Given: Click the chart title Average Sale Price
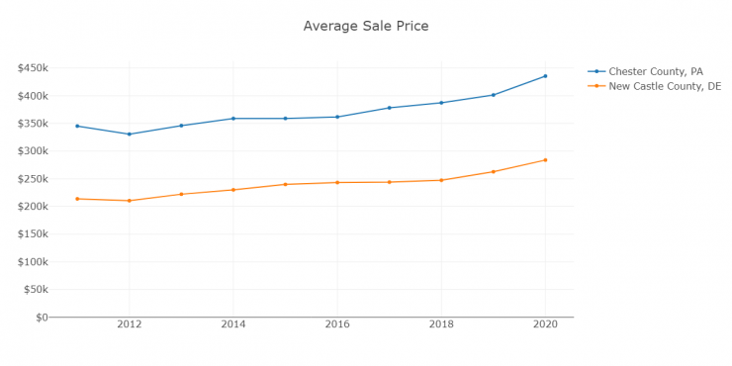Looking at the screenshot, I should pyautogui.click(x=365, y=26).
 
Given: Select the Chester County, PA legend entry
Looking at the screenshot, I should pyautogui.click(x=655, y=71).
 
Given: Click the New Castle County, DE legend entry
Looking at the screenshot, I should pyautogui.click(x=663, y=87).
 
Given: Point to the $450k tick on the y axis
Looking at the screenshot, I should pyautogui.click(x=32, y=68).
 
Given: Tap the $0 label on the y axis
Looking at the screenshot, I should pyautogui.click(x=41, y=318).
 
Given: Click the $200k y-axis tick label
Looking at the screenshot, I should pyautogui.click(x=32, y=207).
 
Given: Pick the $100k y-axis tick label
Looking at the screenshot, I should pyautogui.click(x=32, y=262).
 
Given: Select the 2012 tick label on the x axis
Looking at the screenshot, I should pyautogui.click(x=129, y=323).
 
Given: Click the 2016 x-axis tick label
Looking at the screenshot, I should pyautogui.click(x=337, y=323).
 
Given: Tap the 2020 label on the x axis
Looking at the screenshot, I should pyautogui.click(x=545, y=323).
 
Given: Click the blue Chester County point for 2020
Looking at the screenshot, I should pyautogui.click(x=545, y=76).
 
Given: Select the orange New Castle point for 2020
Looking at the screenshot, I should pyautogui.click(x=545, y=160).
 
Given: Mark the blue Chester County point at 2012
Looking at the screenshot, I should pyautogui.click(x=129, y=135).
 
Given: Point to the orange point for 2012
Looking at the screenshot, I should pyautogui.click(x=129, y=201).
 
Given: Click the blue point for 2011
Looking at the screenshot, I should pyautogui.click(x=77, y=126).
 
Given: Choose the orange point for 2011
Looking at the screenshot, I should pyautogui.click(x=77, y=199).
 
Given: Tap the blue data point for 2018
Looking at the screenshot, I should pyautogui.click(x=441, y=103).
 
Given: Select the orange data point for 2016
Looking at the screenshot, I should pyautogui.click(x=337, y=182).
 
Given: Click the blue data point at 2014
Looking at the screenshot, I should pyautogui.click(x=233, y=119).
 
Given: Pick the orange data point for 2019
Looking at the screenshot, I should pyautogui.click(x=494, y=172).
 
